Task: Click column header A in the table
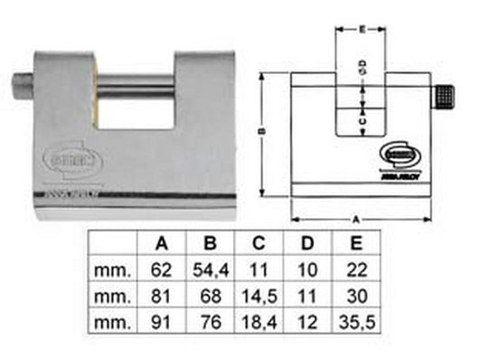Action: (x=164, y=242)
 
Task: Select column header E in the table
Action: (x=357, y=242)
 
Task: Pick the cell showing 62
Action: (x=164, y=269)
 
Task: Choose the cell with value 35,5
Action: (x=357, y=322)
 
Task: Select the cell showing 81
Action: (x=164, y=296)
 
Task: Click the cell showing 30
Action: (x=357, y=296)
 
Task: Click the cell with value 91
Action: (x=164, y=322)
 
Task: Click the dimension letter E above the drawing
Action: (x=361, y=29)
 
